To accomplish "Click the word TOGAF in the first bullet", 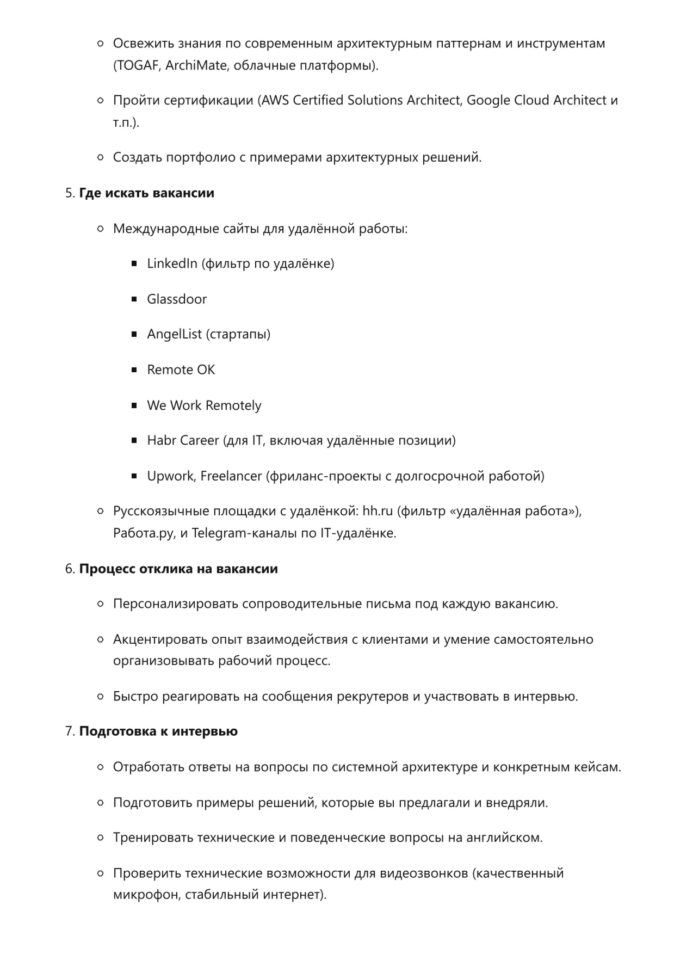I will click(x=138, y=65).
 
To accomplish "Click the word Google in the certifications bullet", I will click(x=489, y=100).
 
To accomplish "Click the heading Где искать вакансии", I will click(x=146, y=193).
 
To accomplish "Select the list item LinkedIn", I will click(x=172, y=263).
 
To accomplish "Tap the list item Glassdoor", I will click(x=177, y=299).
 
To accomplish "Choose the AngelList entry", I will click(x=174, y=334).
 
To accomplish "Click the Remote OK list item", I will click(x=181, y=370).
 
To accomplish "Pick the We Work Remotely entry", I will click(x=204, y=405).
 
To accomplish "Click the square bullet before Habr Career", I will click(x=134, y=440).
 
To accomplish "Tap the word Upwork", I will click(x=171, y=476).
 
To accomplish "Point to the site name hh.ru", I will click(x=378, y=511).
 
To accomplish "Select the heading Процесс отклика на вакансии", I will click(x=178, y=569).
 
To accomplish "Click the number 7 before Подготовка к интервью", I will click(x=69, y=731).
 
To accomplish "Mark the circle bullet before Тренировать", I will click(x=100, y=838).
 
